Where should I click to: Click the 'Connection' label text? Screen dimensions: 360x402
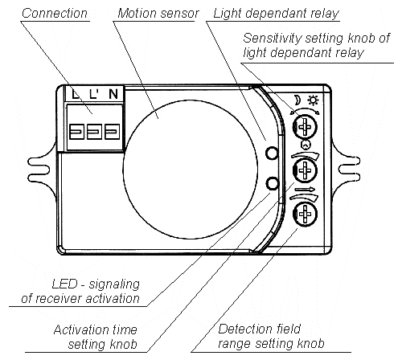[x=55, y=14]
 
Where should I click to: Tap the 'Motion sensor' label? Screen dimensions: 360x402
[x=153, y=14]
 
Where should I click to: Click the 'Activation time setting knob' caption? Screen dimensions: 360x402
[x=95, y=336]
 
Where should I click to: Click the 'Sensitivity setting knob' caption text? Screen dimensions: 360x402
[x=315, y=45]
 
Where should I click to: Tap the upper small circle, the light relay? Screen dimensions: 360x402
[x=273, y=154]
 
